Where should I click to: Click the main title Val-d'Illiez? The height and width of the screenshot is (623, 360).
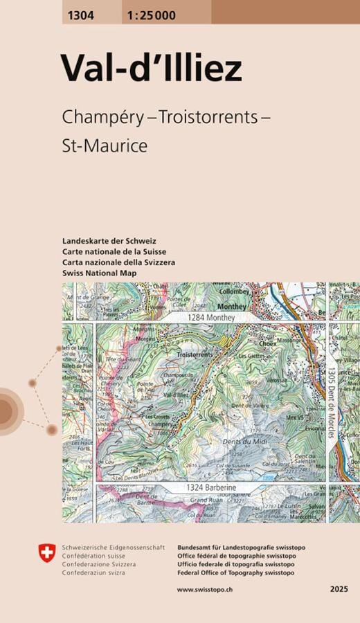(x=151, y=69)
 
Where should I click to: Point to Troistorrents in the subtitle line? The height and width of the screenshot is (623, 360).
(x=207, y=117)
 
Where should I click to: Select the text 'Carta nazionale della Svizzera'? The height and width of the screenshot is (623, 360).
(x=118, y=262)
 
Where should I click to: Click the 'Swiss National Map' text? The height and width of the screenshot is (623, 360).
(x=98, y=273)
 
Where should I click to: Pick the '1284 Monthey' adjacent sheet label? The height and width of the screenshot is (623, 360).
(x=211, y=317)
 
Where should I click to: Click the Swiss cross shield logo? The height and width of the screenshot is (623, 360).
(x=45, y=552)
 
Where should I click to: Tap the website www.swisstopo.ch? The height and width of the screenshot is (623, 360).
(x=204, y=589)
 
